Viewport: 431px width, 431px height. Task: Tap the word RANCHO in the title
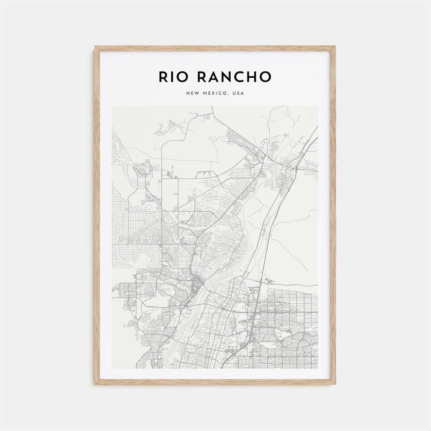click(x=232, y=77)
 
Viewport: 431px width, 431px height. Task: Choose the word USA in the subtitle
click(x=238, y=93)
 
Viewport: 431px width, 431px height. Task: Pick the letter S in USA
click(x=238, y=93)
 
